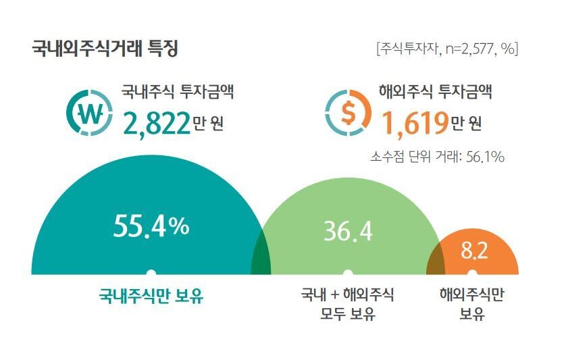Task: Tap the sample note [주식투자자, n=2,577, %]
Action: pos(447,49)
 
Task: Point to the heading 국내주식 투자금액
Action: pos(178,93)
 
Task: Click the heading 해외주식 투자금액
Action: pos(436,93)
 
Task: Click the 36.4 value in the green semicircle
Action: pos(347,231)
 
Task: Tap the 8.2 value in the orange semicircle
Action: pos(473,251)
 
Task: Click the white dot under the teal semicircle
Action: pos(151,273)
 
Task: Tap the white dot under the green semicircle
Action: pos(347,273)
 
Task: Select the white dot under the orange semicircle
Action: pos(473,273)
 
